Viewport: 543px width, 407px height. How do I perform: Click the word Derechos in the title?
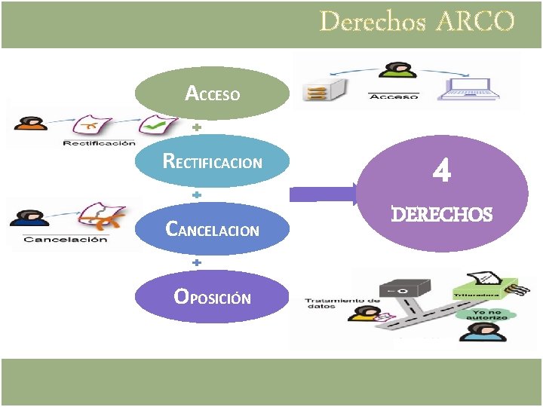372,21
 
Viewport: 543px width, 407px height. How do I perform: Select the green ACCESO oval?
213,93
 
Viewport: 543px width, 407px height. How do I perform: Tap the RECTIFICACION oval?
213,161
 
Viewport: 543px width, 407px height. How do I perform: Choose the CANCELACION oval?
213,229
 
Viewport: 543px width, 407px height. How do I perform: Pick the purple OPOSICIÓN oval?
213,297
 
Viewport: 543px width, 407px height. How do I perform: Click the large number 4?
442,173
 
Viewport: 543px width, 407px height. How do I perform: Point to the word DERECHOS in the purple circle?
442,215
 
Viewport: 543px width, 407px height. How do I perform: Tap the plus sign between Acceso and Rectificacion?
196,128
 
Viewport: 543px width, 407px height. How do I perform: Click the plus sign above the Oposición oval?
196,263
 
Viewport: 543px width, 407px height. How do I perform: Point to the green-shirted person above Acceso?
391,74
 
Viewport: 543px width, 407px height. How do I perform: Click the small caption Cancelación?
65,240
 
